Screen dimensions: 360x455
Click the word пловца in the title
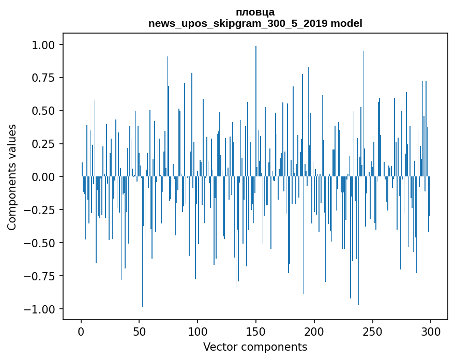(x=255, y=12)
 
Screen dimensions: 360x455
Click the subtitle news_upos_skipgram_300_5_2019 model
(x=255, y=24)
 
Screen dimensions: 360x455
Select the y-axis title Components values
(x=12, y=177)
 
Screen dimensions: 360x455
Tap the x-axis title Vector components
(x=255, y=347)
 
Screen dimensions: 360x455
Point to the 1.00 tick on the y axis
(x=47, y=45)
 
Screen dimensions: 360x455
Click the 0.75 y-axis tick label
(x=47, y=78)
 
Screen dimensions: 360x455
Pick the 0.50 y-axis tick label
(x=47, y=111)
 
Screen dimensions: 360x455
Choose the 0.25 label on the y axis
(x=47, y=144)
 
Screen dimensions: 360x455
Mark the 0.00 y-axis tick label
(x=47, y=177)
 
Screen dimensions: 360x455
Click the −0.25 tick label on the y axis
(x=44, y=210)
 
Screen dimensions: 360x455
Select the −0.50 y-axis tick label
(x=44, y=243)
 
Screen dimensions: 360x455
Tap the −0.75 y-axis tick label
(x=44, y=276)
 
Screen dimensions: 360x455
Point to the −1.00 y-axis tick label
(x=44, y=309)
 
